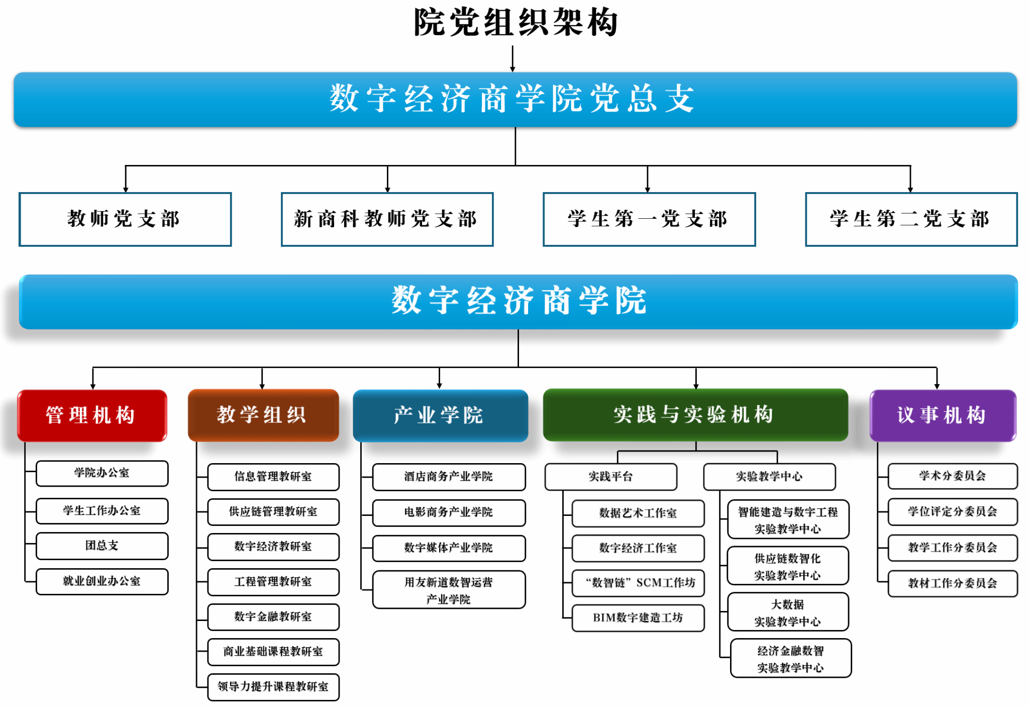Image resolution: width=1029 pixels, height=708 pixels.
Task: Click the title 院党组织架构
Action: coord(516,23)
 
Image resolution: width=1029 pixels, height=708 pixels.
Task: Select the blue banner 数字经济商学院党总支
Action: coord(516,99)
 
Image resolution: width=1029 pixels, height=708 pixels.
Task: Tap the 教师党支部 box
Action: coord(125,219)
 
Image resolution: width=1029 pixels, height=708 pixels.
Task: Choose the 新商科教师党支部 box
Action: coord(387,219)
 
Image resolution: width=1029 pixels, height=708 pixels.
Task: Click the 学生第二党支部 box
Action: coord(911,219)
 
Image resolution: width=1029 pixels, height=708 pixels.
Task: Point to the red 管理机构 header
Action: coord(92,415)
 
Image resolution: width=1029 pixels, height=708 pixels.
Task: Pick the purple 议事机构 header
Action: coord(943,415)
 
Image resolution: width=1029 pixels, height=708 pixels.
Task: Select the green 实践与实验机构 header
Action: coord(695,415)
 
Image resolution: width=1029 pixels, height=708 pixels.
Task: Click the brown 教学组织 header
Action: coord(263,415)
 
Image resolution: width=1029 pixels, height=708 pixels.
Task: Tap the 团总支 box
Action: coord(102,546)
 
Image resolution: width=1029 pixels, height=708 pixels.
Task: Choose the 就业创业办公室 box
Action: coord(102,582)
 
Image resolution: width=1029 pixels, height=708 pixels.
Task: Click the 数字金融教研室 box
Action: coord(273,617)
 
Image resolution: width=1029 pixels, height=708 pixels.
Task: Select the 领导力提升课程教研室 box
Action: coord(273,687)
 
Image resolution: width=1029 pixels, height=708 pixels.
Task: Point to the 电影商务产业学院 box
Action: coord(449,512)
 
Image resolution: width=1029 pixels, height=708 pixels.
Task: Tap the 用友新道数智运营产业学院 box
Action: coord(449,590)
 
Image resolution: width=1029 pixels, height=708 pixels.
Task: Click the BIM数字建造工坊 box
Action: coord(638,618)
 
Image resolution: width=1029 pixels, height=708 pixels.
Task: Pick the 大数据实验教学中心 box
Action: coord(788,612)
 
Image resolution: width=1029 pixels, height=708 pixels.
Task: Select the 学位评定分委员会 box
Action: coord(953,512)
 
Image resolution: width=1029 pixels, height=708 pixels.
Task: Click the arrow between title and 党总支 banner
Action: coord(512,58)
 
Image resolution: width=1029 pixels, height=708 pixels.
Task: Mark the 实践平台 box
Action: coord(611,477)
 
